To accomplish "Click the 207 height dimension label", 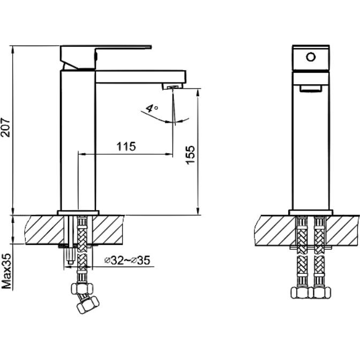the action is pyautogui.click(x=5, y=127).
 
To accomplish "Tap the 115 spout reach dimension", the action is pyautogui.click(x=126, y=146).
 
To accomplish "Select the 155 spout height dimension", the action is pyautogui.click(x=190, y=155).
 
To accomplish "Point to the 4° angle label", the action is pyautogui.click(x=152, y=108).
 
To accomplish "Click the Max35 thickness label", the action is pyautogui.click(x=6, y=271).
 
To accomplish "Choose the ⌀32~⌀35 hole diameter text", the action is pyautogui.click(x=127, y=260).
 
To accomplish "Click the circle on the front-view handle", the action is pyautogui.click(x=311, y=57).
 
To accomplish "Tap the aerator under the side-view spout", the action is pyautogui.click(x=172, y=86).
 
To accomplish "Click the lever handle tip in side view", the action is pyautogui.click(x=150, y=47).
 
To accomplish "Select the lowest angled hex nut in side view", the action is pyautogui.click(x=87, y=305).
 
